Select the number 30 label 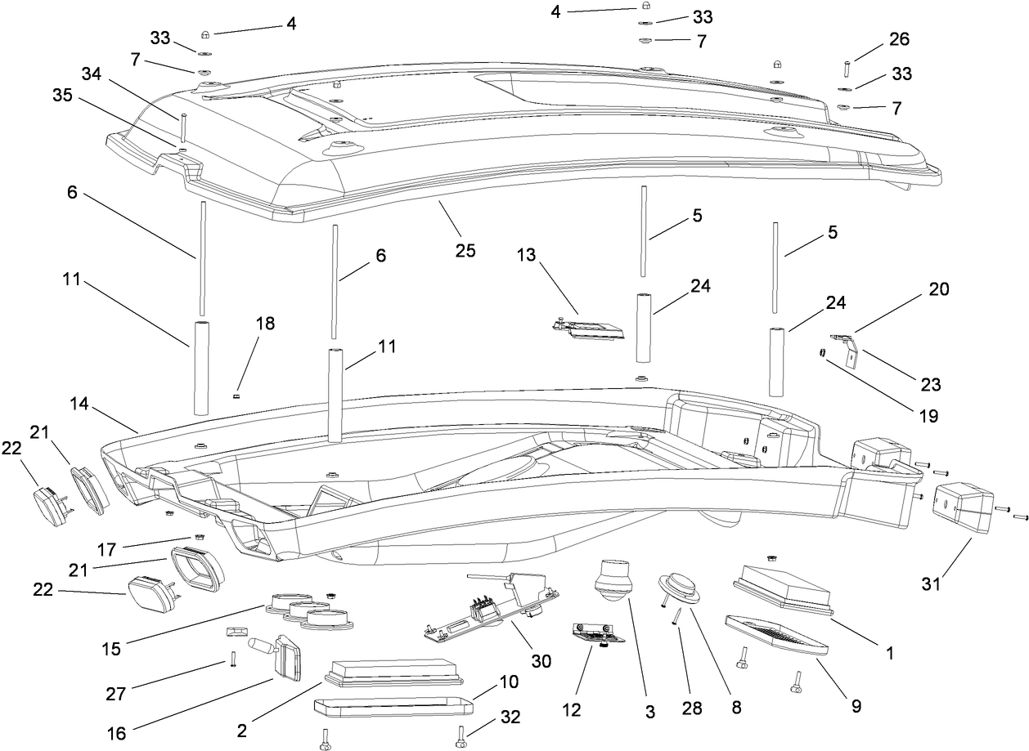tap(541, 660)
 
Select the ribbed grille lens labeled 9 tap(775, 634)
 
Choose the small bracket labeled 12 tap(599, 635)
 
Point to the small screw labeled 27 tap(232, 659)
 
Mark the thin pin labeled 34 tap(185, 127)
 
